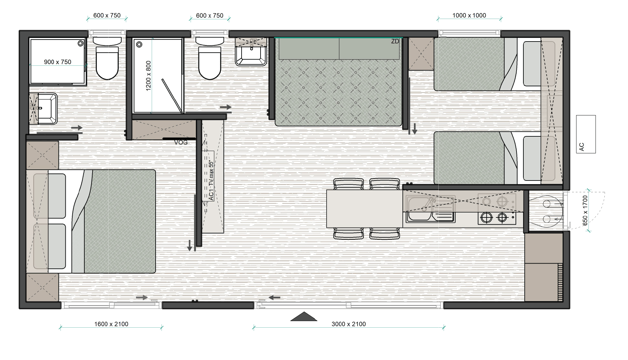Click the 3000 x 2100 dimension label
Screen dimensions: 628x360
pos(348,324)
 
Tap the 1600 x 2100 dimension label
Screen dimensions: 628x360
pos(111,324)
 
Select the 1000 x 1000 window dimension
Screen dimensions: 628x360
pos(469,15)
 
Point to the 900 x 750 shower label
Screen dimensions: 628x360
pos(58,62)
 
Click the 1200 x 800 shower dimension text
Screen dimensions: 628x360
pos(148,76)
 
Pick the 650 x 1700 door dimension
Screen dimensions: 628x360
pos(585,211)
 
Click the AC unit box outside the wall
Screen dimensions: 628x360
pos(586,134)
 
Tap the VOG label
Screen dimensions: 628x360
pos(181,142)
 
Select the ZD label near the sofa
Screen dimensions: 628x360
pos(395,42)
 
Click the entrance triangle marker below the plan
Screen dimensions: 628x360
pos(304,317)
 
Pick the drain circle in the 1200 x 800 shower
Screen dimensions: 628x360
pos(139,44)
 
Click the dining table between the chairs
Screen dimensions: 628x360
pos(365,209)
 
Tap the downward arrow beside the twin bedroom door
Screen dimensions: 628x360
pos(415,129)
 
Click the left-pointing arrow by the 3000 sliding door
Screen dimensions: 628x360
pos(275,298)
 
